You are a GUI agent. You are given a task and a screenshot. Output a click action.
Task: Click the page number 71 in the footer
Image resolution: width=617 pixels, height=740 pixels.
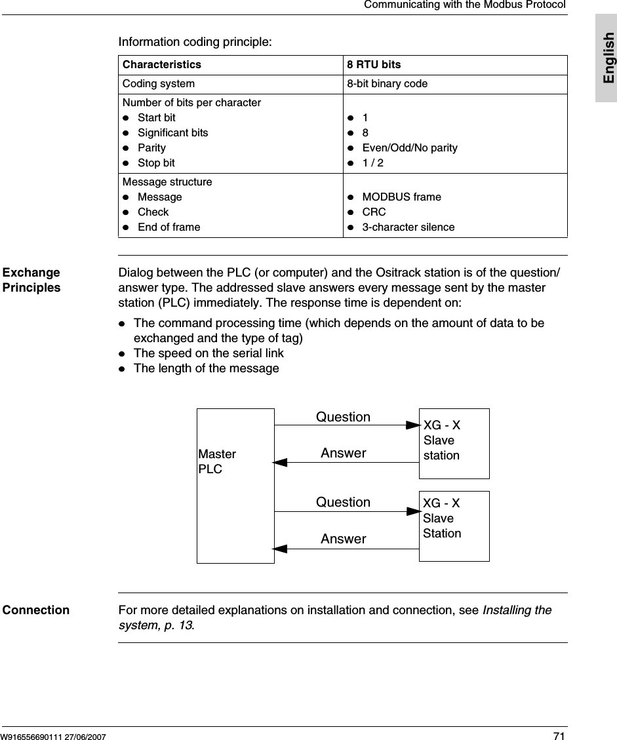point(559,736)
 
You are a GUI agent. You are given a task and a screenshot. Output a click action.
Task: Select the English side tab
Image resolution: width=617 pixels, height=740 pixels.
point(607,58)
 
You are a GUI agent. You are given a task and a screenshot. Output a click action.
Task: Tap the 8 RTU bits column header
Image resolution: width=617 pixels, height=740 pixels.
point(374,65)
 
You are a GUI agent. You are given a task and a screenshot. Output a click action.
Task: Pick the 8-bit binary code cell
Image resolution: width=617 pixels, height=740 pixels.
point(387,84)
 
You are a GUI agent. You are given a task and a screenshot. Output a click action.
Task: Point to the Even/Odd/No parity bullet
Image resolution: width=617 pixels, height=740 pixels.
point(410,147)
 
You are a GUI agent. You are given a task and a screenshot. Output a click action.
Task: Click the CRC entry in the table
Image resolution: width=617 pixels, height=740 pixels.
point(374,212)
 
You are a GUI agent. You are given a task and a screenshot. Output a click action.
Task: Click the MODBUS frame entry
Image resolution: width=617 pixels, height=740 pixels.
point(401,197)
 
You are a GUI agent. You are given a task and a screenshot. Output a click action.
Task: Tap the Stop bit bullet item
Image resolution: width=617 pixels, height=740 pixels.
point(156,163)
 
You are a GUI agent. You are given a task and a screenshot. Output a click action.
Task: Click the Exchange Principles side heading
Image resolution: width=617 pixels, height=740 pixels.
point(31,280)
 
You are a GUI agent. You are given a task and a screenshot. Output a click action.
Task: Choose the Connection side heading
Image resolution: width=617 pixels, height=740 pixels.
point(36,610)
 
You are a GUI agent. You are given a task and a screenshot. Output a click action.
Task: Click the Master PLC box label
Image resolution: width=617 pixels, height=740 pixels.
point(217,461)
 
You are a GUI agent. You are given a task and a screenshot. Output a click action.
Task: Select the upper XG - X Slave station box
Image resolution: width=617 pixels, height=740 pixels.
point(454,443)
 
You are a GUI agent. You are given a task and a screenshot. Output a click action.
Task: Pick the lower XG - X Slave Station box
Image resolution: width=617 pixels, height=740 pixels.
point(454,526)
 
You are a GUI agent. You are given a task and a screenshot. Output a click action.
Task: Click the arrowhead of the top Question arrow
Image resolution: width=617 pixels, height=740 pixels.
point(413,425)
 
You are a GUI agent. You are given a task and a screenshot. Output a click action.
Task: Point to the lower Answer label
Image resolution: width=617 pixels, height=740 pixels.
point(343,539)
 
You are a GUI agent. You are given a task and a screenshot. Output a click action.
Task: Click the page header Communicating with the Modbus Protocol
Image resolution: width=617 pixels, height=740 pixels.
point(464,5)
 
